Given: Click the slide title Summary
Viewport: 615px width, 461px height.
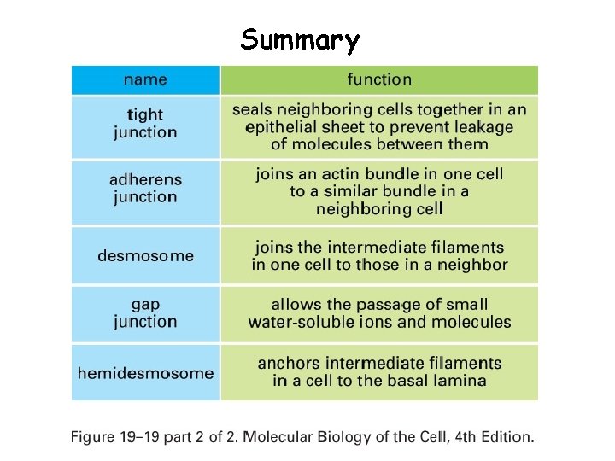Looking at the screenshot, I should click(300, 40).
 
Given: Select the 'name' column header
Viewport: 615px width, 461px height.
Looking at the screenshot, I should click(145, 79).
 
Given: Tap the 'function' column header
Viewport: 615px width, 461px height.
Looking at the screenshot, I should click(379, 79).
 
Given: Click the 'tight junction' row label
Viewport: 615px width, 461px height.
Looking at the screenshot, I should click(145, 124).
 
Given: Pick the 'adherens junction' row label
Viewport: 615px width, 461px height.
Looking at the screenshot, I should click(145, 188).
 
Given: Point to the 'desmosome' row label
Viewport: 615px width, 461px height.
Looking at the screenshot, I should click(145, 255).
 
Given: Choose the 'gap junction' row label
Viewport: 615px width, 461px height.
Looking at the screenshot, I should click(145, 312).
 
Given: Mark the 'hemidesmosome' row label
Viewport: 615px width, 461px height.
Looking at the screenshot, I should click(145, 373).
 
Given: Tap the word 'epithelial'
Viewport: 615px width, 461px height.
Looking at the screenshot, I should click(282, 127).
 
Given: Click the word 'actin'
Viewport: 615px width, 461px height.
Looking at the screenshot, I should click(345, 173).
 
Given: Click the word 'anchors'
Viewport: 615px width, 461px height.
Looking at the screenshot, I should click(289, 363).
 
